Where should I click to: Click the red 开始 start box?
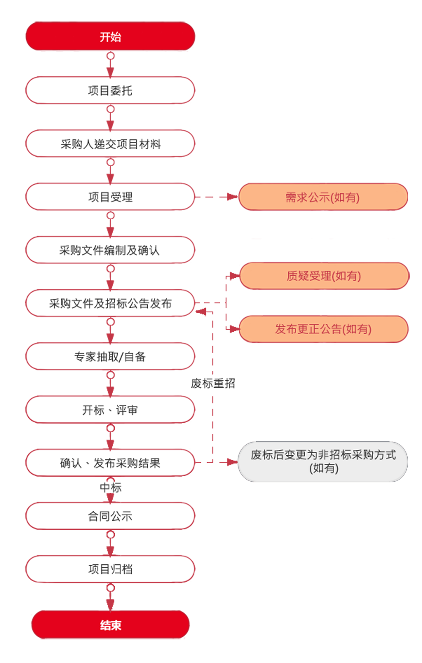pyautogui.click(x=110, y=37)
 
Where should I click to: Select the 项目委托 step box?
pyautogui.click(x=110, y=90)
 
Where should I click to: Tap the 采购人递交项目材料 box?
pyautogui.click(x=110, y=144)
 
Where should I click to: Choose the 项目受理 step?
pyautogui.click(x=110, y=197)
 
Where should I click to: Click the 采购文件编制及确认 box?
pyautogui.click(x=110, y=250)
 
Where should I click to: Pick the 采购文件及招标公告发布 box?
pyautogui.click(x=110, y=303)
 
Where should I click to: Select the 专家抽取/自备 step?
pyautogui.click(x=110, y=357)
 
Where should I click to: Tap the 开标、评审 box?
pyautogui.click(x=110, y=410)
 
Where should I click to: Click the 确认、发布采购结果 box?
pyautogui.click(x=110, y=463)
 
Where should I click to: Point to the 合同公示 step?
pyautogui.click(x=110, y=516)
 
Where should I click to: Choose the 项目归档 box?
pyautogui.click(x=110, y=569)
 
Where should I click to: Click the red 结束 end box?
pyautogui.click(x=111, y=625)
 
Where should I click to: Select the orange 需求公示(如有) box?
pyautogui.click(x=323, y=197)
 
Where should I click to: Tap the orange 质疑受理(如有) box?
pyautogui.click(x=324, y=276)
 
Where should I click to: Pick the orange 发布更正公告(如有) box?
pyautogui.click(x=323, y=329)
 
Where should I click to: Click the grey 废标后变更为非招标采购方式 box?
pyautogui.click(x=323, y=461)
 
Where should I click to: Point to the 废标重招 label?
pyautogui.click(x=213, y=383)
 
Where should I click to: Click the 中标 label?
pyautogui.click(x=111, y=488)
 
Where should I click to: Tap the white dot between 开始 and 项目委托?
pyautogui.click(x=111, y=56)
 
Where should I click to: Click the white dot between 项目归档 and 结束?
pyautogui.click(x=111, y=588)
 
